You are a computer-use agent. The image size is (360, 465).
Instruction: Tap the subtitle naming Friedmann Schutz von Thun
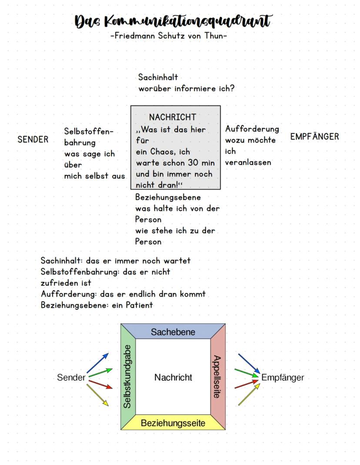click(169, 36)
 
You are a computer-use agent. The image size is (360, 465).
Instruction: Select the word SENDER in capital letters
click(33, 140)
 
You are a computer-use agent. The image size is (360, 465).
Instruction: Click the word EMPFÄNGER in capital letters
click(314, 137)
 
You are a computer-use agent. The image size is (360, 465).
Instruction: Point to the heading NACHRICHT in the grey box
click(173, 117)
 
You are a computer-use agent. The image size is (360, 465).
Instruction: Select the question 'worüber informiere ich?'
click(187, 88)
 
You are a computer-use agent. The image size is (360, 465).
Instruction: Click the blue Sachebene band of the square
click(173, 332)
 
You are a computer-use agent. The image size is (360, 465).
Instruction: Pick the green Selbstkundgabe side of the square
click(128, 377)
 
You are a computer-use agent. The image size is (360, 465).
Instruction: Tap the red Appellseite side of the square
click(217, 377)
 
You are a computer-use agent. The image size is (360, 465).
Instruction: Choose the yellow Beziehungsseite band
click(173, 422)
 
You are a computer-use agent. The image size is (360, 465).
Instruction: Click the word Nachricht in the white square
click(173, 378)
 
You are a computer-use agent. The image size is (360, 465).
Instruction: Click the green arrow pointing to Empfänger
click(247, 372)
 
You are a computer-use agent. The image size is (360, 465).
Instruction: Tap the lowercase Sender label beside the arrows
click(71, 378)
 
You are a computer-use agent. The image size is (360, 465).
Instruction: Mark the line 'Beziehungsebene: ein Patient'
click(97, 305)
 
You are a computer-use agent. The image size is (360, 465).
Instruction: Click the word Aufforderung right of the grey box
click(252, 129)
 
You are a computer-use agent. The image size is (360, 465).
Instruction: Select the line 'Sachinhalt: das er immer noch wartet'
click(115, 261)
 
